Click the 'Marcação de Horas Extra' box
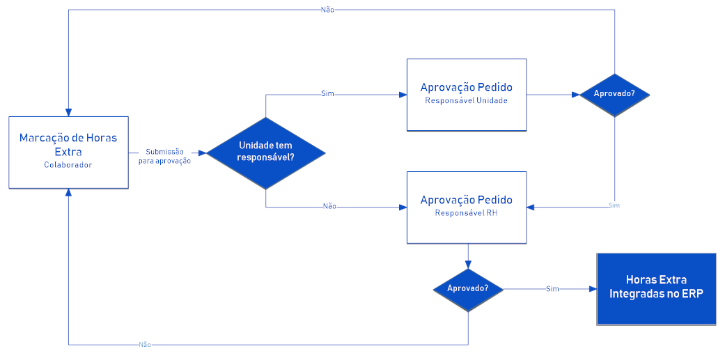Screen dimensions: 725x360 click(68, 152)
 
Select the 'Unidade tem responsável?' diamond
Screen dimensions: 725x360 click(266, 153)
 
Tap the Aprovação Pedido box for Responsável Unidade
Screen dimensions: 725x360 click(467, 95)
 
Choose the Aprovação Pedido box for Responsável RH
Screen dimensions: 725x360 click(467, 208)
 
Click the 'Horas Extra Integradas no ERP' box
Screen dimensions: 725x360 click(656, 289)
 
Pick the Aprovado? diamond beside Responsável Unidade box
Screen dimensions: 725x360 click(614, 95)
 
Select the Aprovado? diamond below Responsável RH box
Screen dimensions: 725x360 click(468, 290)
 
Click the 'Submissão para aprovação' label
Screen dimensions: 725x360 click(164, 156)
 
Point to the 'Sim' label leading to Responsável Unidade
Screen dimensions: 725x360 click(327, 94)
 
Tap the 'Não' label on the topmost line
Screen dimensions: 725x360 click(327, 9)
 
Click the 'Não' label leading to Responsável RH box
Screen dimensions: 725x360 click(329, 207)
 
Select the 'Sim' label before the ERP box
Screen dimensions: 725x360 click(552, 289)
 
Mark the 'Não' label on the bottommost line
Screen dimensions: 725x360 click(144, 345)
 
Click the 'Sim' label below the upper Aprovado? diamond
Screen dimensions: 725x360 click(614, 205)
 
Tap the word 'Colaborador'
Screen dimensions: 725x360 click(68, 164)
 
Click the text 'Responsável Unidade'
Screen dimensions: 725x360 click(466, 100)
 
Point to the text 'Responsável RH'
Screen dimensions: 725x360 click(466, 213)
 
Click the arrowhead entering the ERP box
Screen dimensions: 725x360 click(592, 289)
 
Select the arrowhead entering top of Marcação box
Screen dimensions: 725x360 click(68, 112)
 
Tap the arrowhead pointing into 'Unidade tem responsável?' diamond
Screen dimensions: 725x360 click(202, 153)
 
